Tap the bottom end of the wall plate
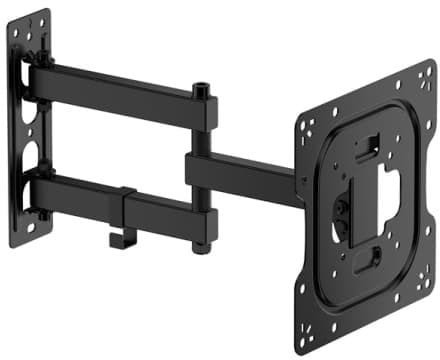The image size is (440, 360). pos(28,240)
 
